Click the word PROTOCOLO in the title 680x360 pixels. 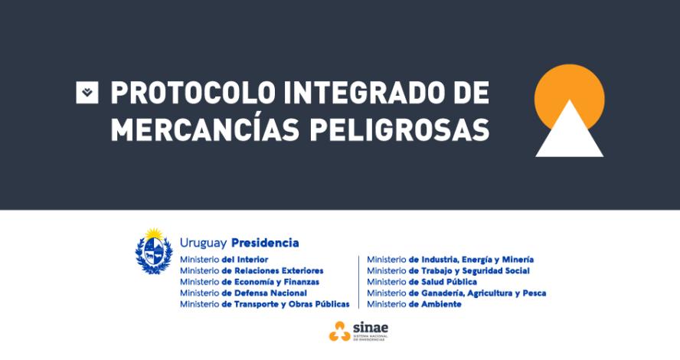click(193, 93)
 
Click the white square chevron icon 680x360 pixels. click(87, 93)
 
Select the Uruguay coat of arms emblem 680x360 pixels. click(154, 251)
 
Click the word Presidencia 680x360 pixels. click(265, 243)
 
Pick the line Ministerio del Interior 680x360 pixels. click(224, 260)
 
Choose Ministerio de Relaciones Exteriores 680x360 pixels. click(251, 270)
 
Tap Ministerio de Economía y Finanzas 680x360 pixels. click(250, 282)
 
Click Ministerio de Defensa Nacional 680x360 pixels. click(244, 293)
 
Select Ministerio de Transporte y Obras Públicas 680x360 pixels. click(264, 304)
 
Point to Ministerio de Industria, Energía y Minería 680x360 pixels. click(450, 260)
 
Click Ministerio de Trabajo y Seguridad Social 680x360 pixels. click(448, 270)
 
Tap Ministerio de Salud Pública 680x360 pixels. click(421, 282)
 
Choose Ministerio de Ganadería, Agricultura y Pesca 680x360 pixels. click(456, 293)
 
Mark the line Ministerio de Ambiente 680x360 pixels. click(414, 304)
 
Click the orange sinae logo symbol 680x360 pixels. click(339, 332)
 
